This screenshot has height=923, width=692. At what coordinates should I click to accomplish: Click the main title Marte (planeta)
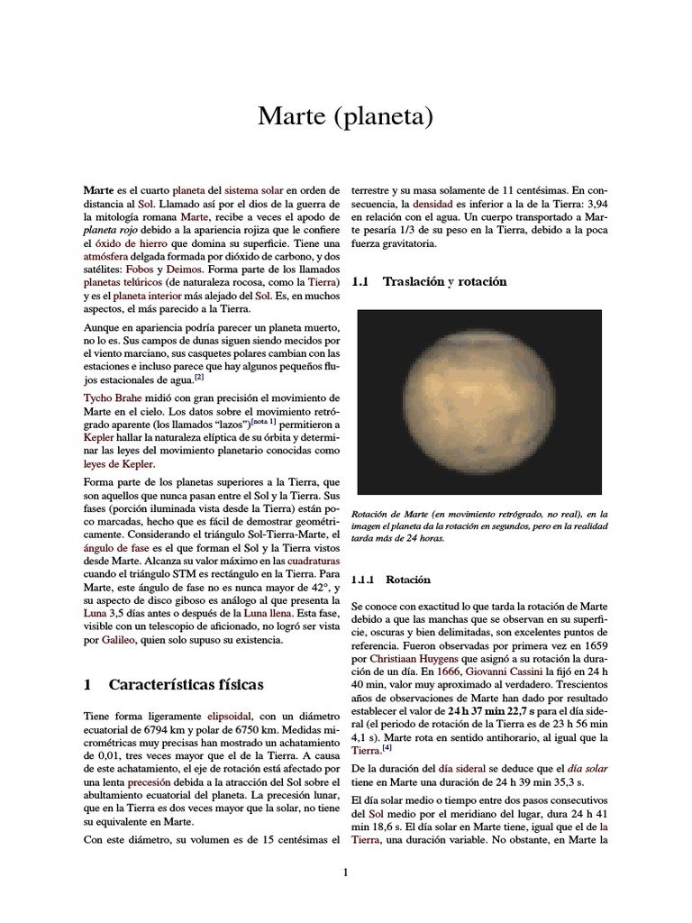click(346, 117)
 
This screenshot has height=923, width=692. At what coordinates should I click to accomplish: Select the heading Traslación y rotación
click(444, 282)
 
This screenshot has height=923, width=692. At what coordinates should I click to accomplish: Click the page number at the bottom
click(345, 872)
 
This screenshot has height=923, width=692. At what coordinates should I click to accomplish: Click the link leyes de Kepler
click(113, 463)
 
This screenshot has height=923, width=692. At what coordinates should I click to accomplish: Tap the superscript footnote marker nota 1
click(263, 422)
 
